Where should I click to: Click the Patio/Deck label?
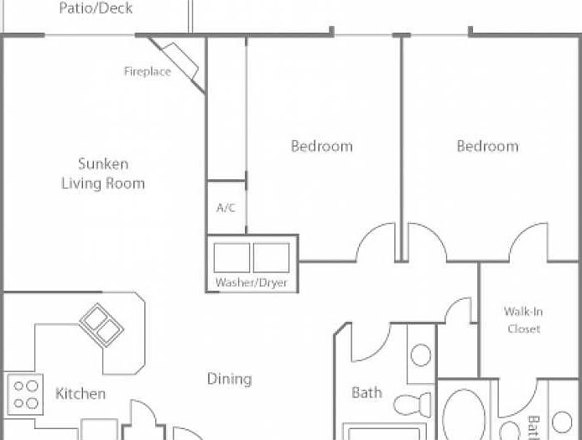[x=96, y=9]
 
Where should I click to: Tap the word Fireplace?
[x=148, y=71]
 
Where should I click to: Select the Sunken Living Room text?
[x=103, y=173]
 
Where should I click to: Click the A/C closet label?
[x=226, y=207]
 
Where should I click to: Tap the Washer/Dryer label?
[x=252, y=282]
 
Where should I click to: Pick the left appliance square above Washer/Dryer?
[x=231, y=256]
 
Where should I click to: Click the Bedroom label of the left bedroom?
[x=321, y=147]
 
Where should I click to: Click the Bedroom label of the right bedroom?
[x=487, y=147]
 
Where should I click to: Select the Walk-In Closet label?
[x=522, y=320]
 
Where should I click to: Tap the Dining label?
[x=229, y=379]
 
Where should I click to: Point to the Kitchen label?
[x=81, y=393]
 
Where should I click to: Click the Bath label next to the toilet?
[x=366, y=392]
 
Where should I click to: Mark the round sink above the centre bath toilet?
[x=421, y=355]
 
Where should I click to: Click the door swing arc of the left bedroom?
[x=376, y=242]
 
